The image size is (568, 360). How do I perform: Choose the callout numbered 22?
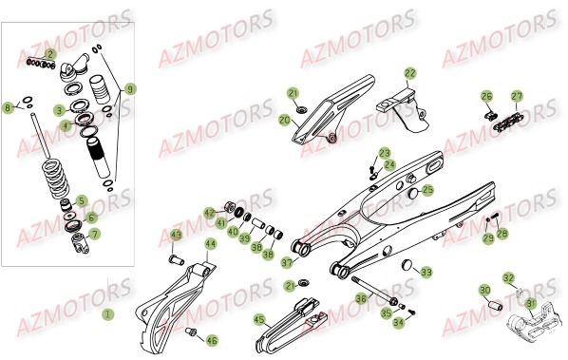click(409, 72)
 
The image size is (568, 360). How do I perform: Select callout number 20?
click(284, 121)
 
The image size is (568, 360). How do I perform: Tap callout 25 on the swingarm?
click(427, 190)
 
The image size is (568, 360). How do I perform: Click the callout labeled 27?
click(517, 96)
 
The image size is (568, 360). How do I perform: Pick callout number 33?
click(426, 272)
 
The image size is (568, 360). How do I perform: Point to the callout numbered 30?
click(483, 291)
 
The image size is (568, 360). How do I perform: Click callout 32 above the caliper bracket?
click(509, 279)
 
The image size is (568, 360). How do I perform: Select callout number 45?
click(258, 320)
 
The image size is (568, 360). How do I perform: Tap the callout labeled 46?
click(211, 339)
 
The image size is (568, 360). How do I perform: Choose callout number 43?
click(176, 236)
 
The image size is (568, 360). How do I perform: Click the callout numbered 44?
click(210, 244)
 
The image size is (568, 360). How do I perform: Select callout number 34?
click(398, 323)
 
